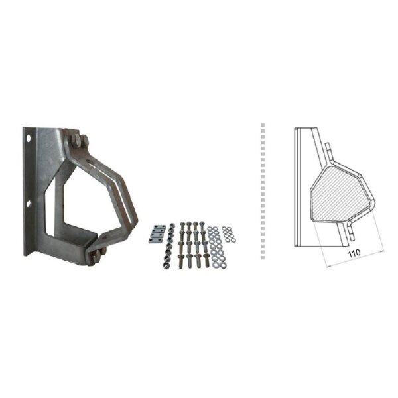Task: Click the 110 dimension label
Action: tap(354, 253)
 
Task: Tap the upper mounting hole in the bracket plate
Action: tap(29, 139)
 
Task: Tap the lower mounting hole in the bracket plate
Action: tap(28, 204)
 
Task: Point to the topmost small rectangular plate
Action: tap(160, 227)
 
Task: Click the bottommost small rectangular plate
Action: tap(155, 241)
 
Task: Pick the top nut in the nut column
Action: tap(172, 225)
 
